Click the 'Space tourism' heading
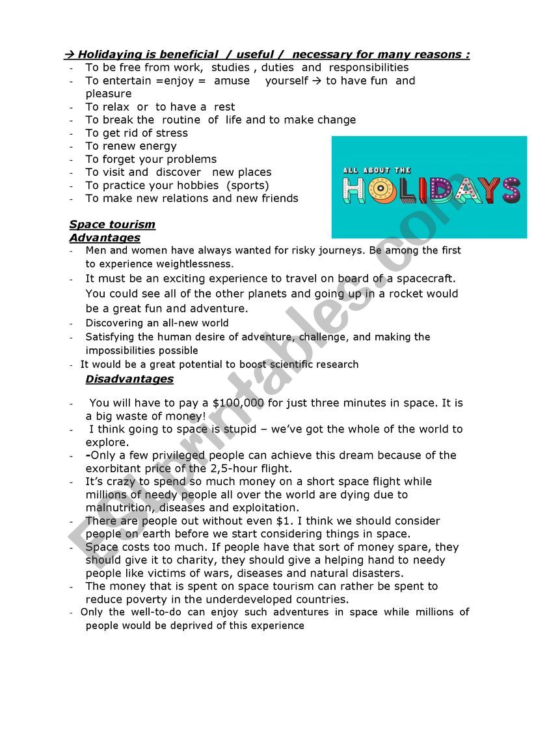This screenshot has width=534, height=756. (x=112, y=225)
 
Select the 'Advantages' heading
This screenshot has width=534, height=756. (x=105, y=238)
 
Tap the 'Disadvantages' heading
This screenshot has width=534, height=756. (x=129, y=379)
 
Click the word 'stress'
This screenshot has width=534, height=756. (x=170, y=133)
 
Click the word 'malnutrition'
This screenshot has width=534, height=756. (x=122, y=508)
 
